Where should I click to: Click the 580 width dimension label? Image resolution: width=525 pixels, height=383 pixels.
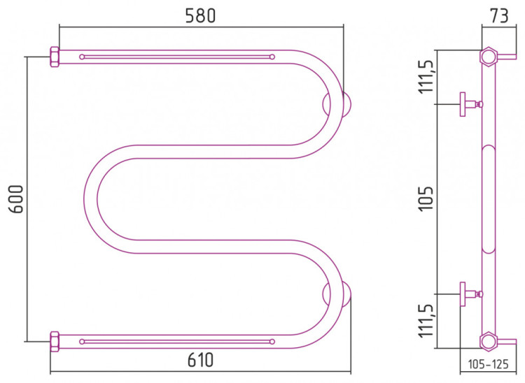[201, 15]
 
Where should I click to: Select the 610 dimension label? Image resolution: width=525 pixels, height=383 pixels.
[201, 360]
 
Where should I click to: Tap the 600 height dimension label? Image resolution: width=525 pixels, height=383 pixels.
[16, 199]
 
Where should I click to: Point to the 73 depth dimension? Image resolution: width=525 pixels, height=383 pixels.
[499, 15]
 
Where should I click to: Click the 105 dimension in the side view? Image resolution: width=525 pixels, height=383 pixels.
[426, 198]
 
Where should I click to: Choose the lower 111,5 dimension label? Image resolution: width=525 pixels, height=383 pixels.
[427, 321]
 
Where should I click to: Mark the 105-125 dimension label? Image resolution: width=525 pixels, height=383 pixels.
[488, 364]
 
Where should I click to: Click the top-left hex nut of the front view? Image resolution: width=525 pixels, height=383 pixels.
[55, 57]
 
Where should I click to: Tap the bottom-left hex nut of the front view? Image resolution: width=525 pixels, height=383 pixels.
[55, 342]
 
